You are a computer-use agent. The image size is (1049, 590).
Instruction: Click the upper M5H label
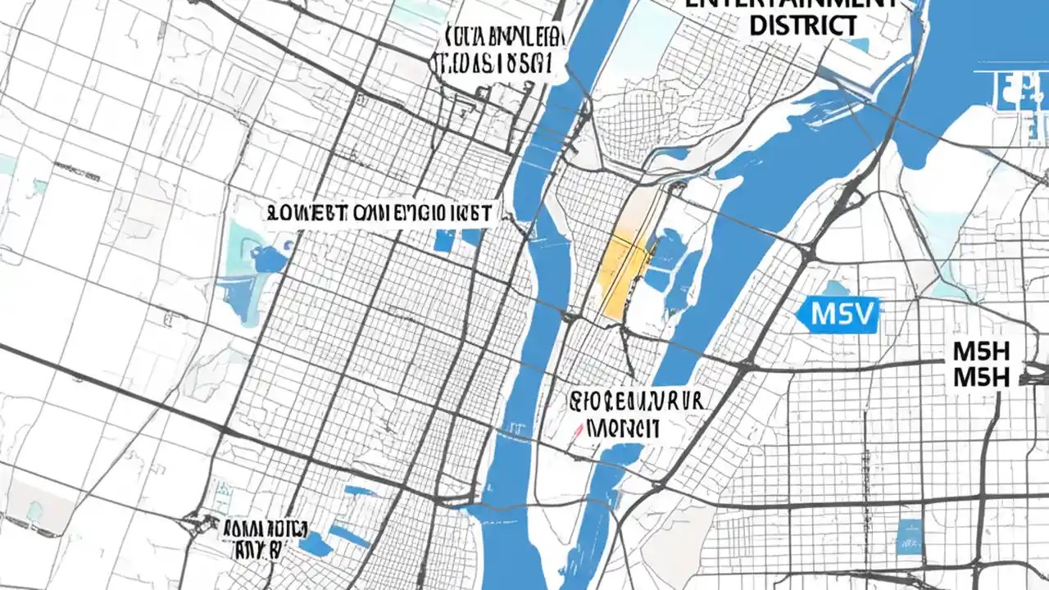click(983, 352)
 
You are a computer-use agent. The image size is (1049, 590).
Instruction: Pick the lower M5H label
click(983, 378)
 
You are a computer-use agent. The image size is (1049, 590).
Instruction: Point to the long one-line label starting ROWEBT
click(379, 215)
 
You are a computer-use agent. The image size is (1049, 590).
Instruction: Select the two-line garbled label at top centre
click(498, 49)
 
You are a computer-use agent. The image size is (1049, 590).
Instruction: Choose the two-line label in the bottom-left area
click(264, 537)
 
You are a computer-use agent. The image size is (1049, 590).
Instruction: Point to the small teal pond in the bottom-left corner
click(34, 511)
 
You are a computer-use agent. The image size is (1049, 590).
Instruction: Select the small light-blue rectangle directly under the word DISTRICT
click(856, 45)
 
